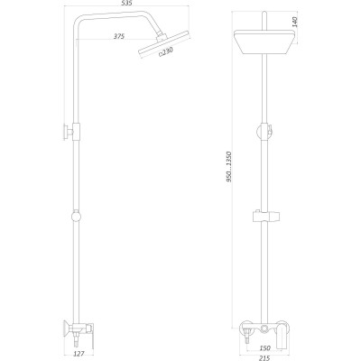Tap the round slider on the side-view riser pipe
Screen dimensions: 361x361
pyautogui.click(x=75, y=217)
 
